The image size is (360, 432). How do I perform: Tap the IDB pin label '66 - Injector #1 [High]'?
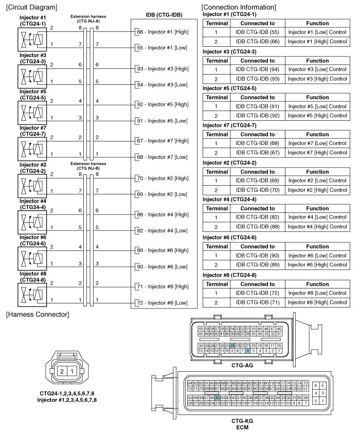(163, 32)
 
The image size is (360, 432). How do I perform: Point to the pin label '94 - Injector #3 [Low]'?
(161, 84)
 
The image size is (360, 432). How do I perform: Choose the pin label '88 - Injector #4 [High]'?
(163, 214)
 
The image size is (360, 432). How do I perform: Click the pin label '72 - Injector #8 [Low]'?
(161, 303)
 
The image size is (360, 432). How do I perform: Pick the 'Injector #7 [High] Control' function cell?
(317, 153)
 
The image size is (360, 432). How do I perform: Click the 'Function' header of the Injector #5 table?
(317, 97)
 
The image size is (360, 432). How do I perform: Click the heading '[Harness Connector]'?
(37, 314)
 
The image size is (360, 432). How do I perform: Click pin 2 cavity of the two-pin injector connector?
(61, 371)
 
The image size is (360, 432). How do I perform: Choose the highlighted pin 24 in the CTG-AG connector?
(232, 346)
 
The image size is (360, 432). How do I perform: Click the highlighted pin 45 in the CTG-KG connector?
(218, 397)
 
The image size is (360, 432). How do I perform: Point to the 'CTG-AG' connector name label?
(239, 365)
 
